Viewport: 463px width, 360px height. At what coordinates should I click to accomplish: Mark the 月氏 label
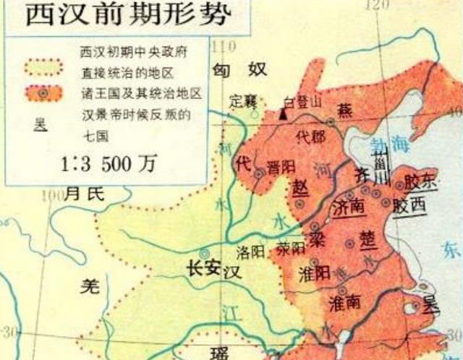click(x=85, y=193)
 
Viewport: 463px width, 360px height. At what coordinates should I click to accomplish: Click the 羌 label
click(x=88, y=287)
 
